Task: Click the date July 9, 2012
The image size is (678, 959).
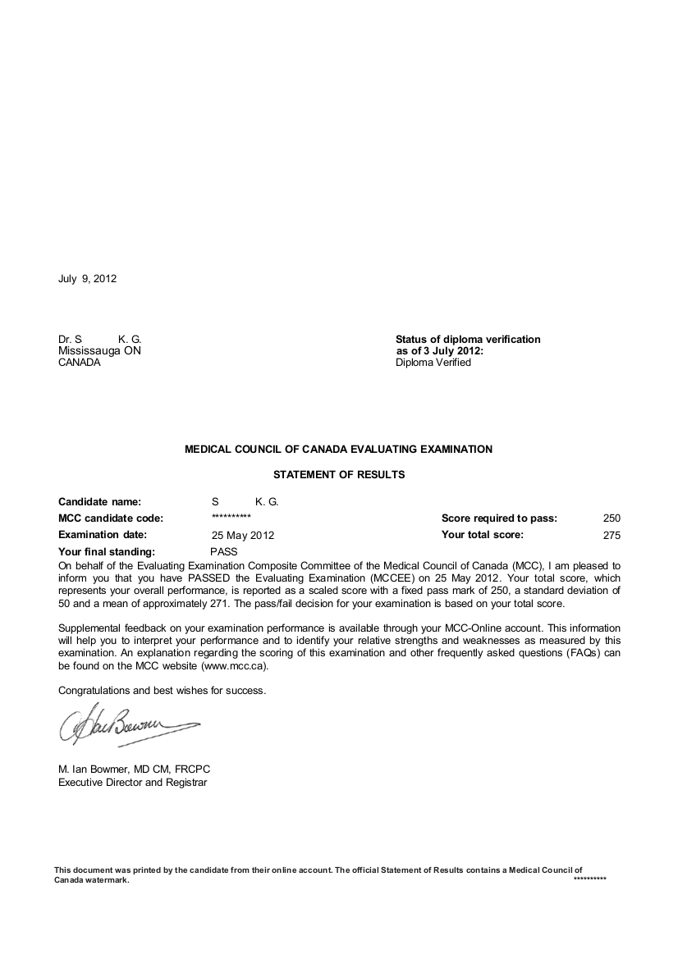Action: click(87, 279)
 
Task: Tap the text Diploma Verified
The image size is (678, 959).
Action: click(433, 363)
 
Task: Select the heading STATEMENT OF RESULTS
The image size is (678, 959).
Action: click(339, 474)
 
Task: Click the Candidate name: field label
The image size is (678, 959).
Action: click(99, 501)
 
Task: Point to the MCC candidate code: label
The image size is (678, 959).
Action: click(111, 518)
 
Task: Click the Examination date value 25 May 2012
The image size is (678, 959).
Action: click(243, 536)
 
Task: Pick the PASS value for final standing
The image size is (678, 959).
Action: click(223, 552)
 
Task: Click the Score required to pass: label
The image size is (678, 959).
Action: click(499, 518)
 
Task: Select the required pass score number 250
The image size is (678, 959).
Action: click(612, 518)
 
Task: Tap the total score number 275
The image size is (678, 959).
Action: click(612, 536)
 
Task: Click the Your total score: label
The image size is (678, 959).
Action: click(483, 535)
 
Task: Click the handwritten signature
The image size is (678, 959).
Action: click(123, 724)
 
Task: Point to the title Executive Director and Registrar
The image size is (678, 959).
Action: click(132, 783)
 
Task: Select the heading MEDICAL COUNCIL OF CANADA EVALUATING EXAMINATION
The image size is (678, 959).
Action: click(339, 450)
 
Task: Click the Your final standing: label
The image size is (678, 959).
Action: click(107, 552)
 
